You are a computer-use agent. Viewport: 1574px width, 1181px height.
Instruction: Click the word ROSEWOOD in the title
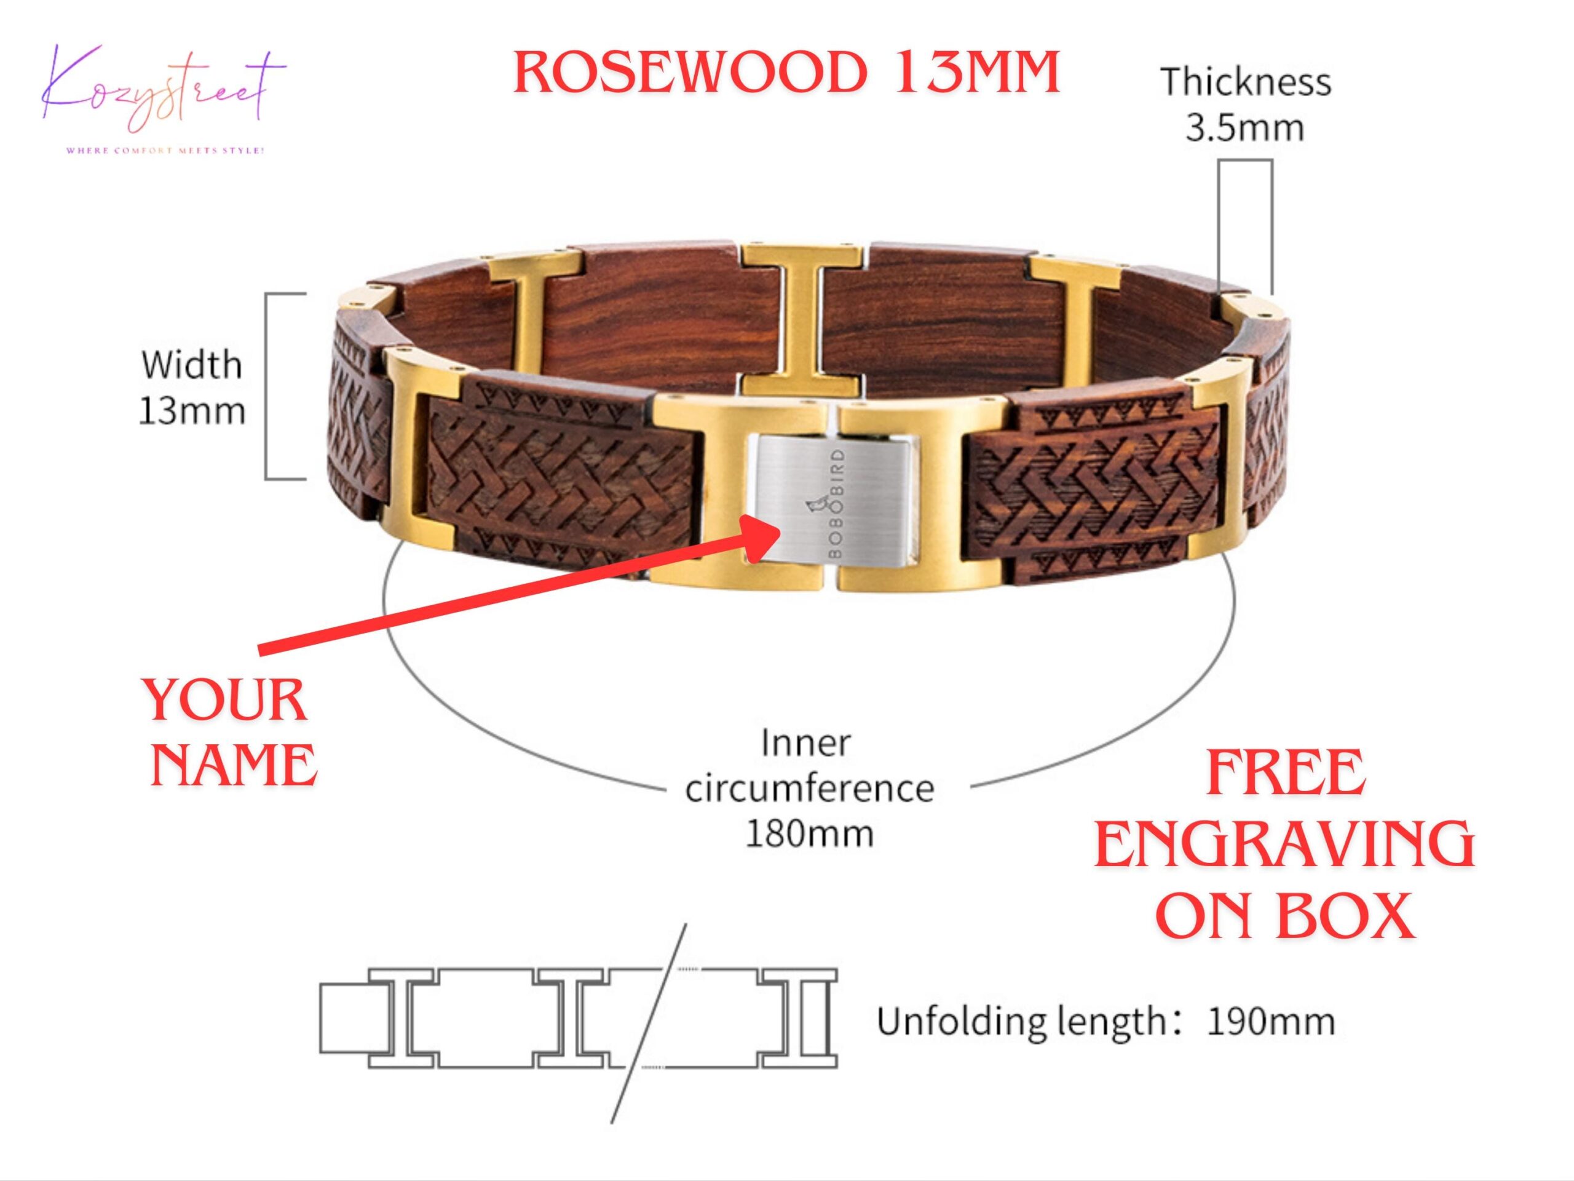[689, 73]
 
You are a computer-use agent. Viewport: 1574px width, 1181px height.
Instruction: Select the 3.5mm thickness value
[1244, 129]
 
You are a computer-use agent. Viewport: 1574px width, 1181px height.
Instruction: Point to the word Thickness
[1245, 82]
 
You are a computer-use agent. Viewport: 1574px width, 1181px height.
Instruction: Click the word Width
[191, 365]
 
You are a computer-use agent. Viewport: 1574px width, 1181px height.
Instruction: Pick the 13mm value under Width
[191, 412]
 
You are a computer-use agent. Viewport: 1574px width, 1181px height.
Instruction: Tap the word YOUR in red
[226, 701]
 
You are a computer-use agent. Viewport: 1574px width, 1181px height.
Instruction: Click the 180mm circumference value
[809, 833]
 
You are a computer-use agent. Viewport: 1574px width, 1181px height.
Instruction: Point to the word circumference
[809, 789]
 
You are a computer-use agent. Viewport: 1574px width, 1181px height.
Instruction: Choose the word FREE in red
[1286, 774]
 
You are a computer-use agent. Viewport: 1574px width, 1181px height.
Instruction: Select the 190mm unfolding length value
[1271, 1022]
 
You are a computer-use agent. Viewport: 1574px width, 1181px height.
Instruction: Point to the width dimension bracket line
[267, 386]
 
